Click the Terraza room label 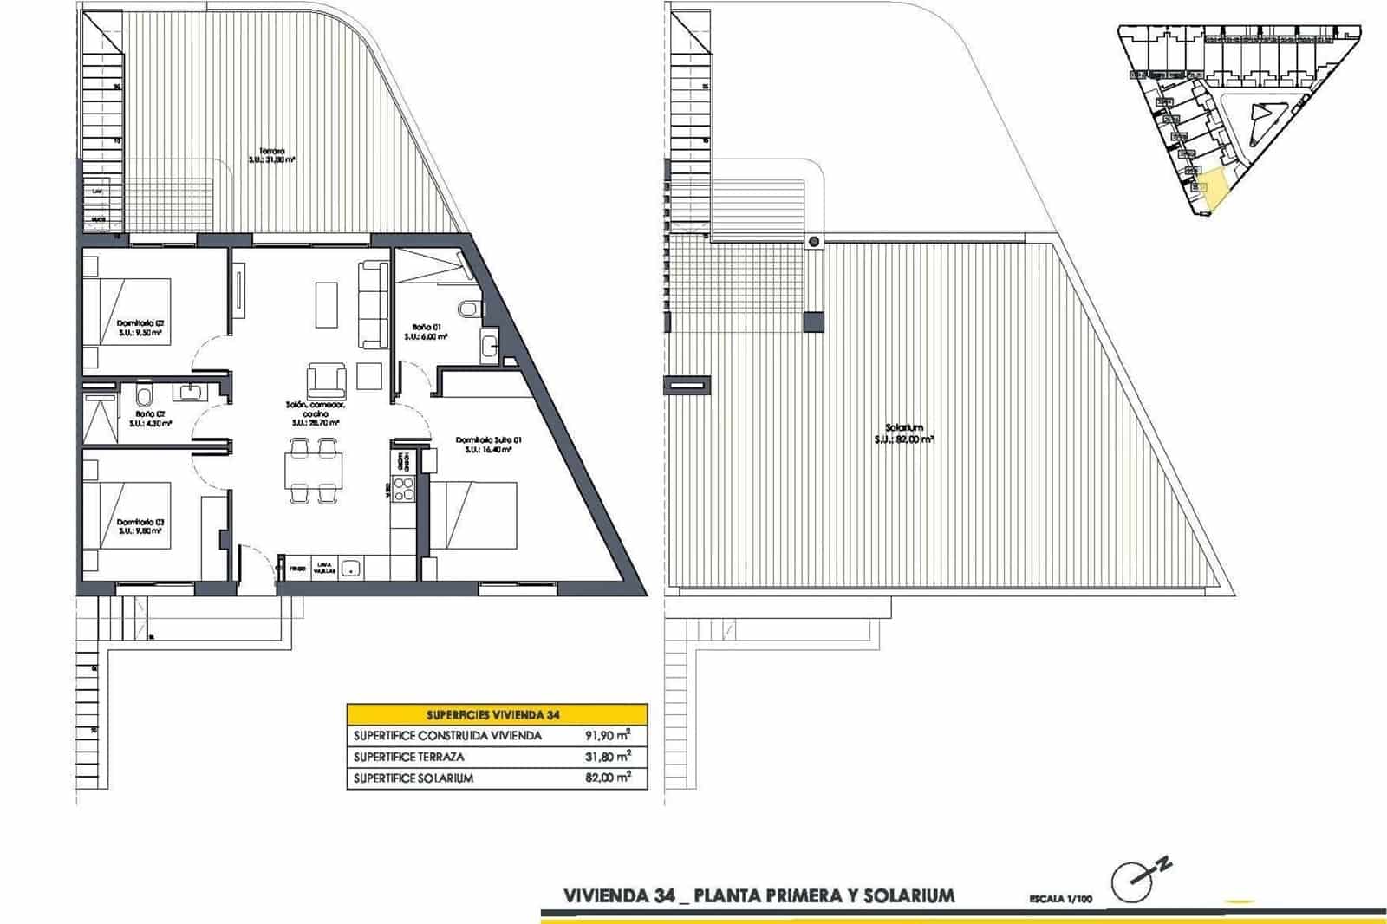pyautogui.click(x=272, y=155)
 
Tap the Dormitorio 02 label pyautogui.click(x=140, y=327)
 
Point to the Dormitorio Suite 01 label pyautogui.click(x=488, y=445)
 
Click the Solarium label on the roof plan pyautogui.click(x=904, y=433)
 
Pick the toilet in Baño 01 pyautogui.click(x=469, y=309)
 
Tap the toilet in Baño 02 pyautogui.click(x=144, y=397)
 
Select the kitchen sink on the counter pyautogui.click(x=350, y=569)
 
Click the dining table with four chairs pyautogui.click(x=313, y=471)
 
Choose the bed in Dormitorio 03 pyautogui.click(x=128, y=517)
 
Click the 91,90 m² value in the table pyautogui.click(x=607, y=735)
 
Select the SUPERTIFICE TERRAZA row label pyautogui.click(x=408, y=757)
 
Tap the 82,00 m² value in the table pyautogui.click(x=607, y=778)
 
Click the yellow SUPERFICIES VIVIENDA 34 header pyautogui.click(x=497, y=715)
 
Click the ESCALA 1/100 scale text pyautogui.click(x=1060, y=899)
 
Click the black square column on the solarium pyautogui.click(x=813, y=322)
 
